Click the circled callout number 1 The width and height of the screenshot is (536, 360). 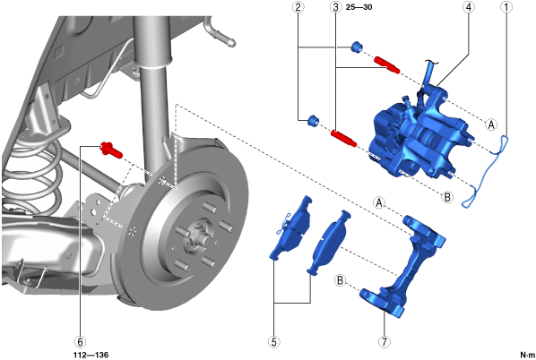506,7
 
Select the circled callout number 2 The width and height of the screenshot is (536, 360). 298,7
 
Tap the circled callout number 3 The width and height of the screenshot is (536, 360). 336,7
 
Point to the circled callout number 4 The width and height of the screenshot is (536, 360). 468,7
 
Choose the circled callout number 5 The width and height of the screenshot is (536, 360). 274,341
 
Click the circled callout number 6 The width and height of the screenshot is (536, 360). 80,341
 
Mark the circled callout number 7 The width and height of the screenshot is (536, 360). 385,341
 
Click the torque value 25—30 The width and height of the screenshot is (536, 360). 359,7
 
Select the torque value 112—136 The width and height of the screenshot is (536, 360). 91,355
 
